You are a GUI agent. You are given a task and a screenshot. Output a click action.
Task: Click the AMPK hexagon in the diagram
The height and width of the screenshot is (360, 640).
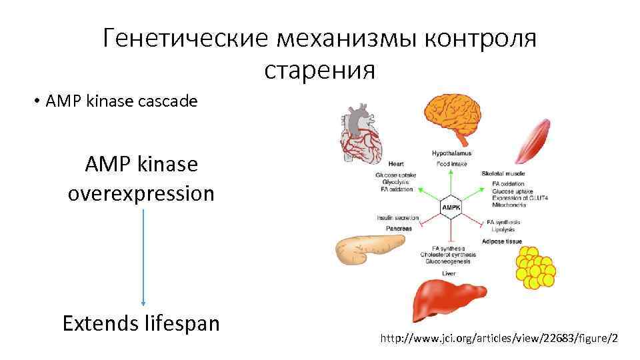pyautogui.click(x=450, y=208)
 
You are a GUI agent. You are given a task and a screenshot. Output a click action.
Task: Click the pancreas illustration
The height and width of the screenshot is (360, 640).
pyautogui.click(x=361, y=251)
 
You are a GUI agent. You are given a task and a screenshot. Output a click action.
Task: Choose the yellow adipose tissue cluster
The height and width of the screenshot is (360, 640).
pyautogui.click(x=534, y=268)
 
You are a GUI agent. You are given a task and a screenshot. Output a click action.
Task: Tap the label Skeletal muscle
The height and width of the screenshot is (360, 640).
pyautogui.click(x=503, y=173)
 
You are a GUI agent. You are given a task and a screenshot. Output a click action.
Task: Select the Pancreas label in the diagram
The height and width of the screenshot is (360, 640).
pyautogui.click(x=399, y=229)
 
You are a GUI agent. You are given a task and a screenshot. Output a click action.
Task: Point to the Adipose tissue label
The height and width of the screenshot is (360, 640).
pyautogui.click(x=502, y=241)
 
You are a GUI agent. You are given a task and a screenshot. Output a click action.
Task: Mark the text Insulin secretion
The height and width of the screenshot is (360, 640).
pyautogui.click(x=397, y=219)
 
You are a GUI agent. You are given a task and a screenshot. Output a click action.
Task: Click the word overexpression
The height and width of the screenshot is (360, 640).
pyautogui.click(x=141, y=193)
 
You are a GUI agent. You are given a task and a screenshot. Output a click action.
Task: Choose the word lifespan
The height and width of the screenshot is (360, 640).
pyautogui.click(x=181, y=323)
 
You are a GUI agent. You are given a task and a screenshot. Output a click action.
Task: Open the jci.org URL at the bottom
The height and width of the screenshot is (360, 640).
pyautogui.click(x=499, y=339)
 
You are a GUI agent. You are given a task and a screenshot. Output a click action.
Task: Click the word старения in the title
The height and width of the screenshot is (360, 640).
pyautogui.click(x=320, y=69)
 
